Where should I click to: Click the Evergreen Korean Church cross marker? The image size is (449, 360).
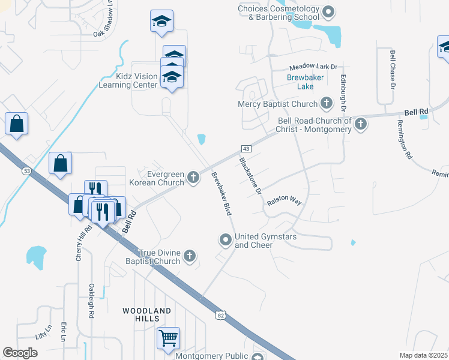tap(193, 177)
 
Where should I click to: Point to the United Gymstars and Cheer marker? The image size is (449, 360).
tap(226, 241)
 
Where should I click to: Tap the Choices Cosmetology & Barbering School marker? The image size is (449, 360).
tap(328, 12)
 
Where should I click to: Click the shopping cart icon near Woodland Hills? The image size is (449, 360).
tap(169, 337)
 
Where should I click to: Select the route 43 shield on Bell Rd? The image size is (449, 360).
tap(246, 148)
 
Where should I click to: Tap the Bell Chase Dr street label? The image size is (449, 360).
tap(393, 70)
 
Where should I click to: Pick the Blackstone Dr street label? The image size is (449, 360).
tap(250, 176)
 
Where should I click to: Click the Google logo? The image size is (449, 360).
tap(20, 353)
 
